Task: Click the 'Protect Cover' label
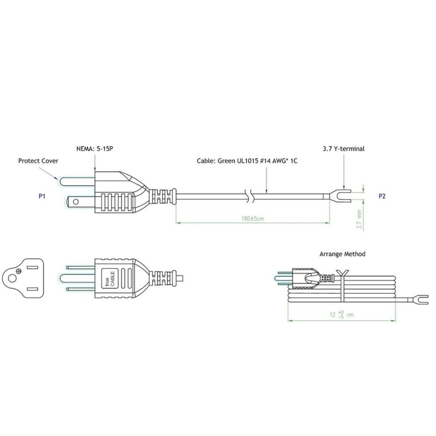[x=38, y=161]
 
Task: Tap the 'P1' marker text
[x=41, y=195]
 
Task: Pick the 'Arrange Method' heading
[x=342, y=254]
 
